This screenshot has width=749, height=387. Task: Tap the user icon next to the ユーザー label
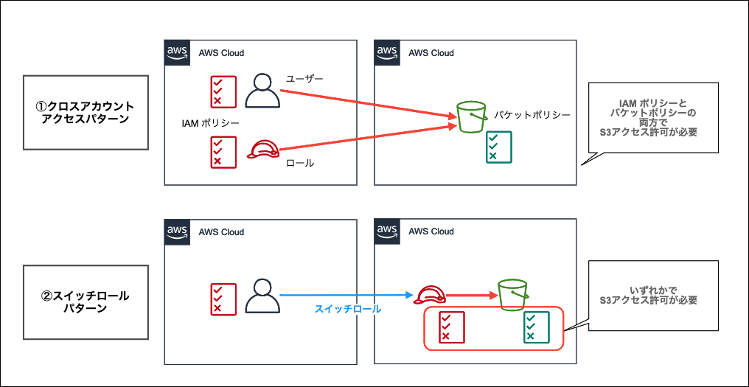pyautogui.click(x=262, y=91)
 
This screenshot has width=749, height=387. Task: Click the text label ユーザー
pyautogui.click(x=304, y=78)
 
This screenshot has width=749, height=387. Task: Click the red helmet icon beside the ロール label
pyautogui.click(x=262, y=150)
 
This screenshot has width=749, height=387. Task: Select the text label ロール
pyautogui.click(x=299, y=163)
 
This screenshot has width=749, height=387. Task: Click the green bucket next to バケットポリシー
pyautogui.click(x=471, y=118)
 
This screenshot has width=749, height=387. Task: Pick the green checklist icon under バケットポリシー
pyautogui.click(x=498, y=147)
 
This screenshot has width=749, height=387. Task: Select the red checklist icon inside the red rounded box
pyautogui.click(x=450, y=327)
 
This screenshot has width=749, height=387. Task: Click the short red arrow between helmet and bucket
pyautogui.click(x=472, y=296)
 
